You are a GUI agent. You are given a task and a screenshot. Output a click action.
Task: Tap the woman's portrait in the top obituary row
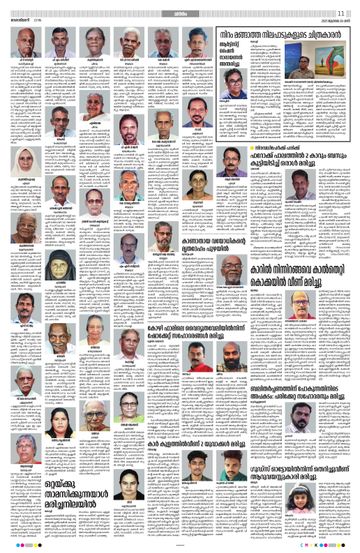(95, 43)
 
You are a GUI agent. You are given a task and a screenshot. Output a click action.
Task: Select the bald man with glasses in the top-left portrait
(26, 43)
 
